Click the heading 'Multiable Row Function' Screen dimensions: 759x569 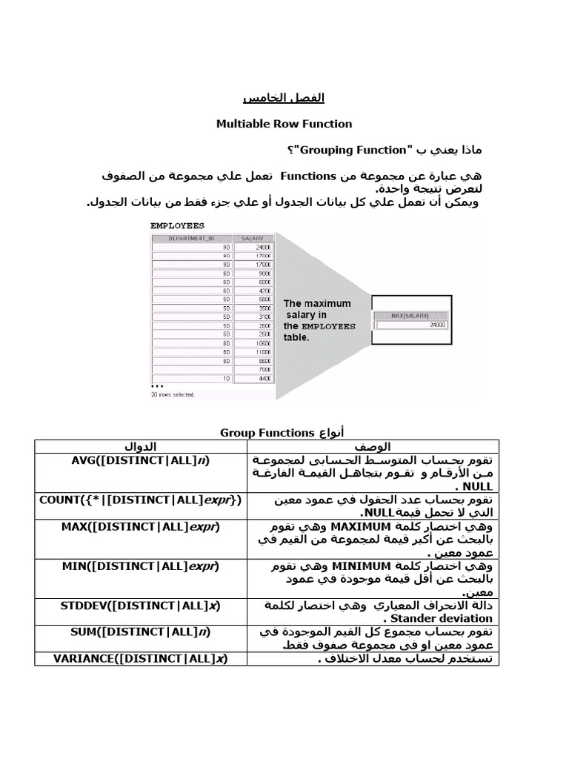point(284,124)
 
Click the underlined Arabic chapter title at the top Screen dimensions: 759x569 point(284,98)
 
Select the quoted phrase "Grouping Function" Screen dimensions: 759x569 point(347,151)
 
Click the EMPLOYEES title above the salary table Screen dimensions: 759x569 point(177,225)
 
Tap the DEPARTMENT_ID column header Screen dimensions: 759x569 point(191,238)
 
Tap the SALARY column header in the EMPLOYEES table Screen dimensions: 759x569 point(253,238)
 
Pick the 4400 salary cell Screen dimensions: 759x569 point(263,379)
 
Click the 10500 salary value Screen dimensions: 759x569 point(262,343)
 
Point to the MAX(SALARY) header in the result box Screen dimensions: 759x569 point(412,315)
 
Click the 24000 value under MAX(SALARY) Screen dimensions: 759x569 point(437,325)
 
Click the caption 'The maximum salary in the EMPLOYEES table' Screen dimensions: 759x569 point(319,320)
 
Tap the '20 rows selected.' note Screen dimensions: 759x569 point(173,394)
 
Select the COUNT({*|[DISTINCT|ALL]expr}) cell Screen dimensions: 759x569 point(140,500)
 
